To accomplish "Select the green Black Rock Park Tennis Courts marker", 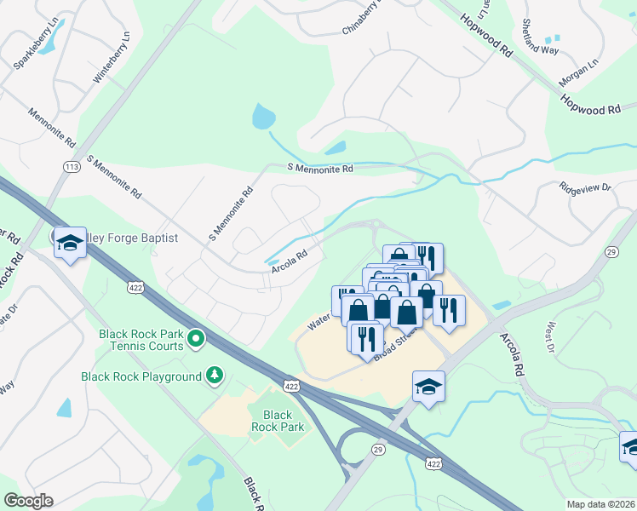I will [x=196, y=340].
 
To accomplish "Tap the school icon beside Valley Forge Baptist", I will [x=69, y=243].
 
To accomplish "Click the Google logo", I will [x=28, y=501].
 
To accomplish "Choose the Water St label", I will [x=318, y=321].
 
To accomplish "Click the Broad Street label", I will [x=394, y=348].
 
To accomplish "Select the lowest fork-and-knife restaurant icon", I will [x=364, y=336].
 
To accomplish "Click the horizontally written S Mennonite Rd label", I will [x=319, y=169].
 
